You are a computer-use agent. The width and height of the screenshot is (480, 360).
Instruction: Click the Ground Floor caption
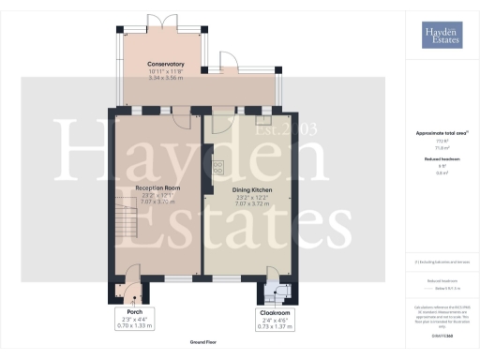[202, 344]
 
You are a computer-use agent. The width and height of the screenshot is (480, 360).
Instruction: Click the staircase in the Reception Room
[124, 223]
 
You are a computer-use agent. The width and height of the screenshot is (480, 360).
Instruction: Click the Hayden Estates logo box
[440, 37]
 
